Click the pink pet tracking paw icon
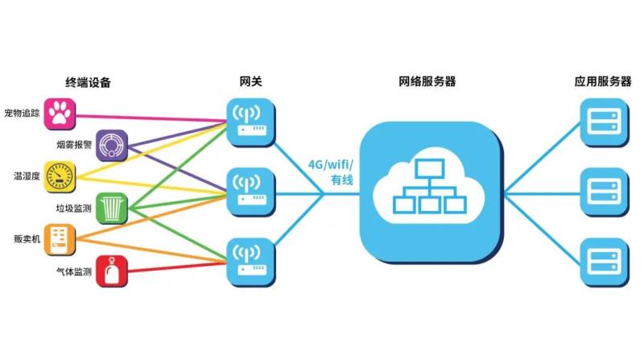point(60,114)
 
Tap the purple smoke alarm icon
point(112,146)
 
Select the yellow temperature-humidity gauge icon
point(60,176)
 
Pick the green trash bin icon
point(112,209)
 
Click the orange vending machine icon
point(60,239)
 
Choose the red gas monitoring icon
point(112,271)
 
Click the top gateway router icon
point(250,122)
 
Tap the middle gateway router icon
point(250,192)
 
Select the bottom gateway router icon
point(250,263)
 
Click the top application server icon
point(605,122)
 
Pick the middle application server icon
point(605,192)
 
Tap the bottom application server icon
point(605,263)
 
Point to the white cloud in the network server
point(429,186)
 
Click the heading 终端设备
point(88,83)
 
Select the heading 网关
point(250,81)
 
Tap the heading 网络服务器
point(427,81)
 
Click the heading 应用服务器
point(602,81)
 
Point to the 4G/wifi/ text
point(331,165)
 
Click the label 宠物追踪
point(22,114)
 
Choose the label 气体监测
point(74,271)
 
